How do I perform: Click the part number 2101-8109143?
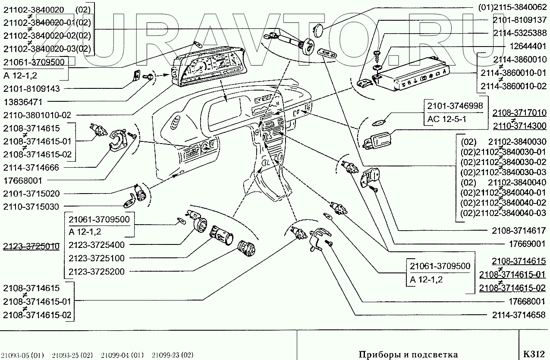pos(31,88)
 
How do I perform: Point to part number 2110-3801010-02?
pos(37,115)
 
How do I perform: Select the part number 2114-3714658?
pos(519,315)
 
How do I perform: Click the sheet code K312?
pos(534,354)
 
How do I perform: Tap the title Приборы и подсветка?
pos(408,354)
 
